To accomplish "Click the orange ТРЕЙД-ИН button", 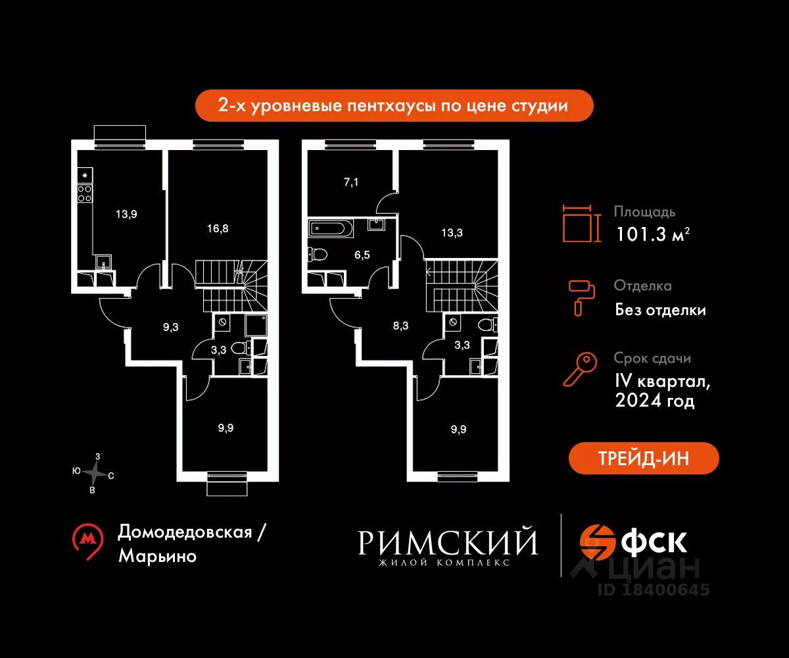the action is (644, 459).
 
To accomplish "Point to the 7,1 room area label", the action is (350, 182).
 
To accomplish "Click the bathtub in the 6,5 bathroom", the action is (331, 229).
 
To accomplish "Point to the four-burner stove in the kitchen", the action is (85, 193).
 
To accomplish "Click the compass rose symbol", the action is (95, 472).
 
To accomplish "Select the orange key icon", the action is (580, 370).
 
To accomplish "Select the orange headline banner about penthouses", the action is (394, 105).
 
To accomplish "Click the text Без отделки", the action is (660, 309).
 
